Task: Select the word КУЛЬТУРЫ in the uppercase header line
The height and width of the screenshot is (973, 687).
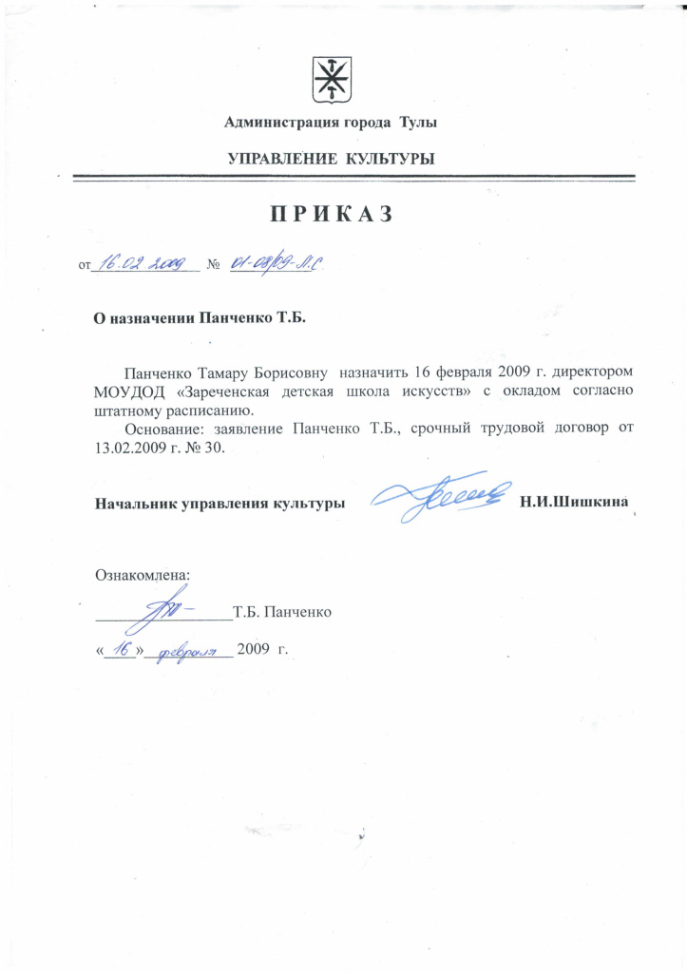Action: coord(390,159)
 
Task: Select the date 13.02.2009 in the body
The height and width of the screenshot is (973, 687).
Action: coord(130,449)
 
